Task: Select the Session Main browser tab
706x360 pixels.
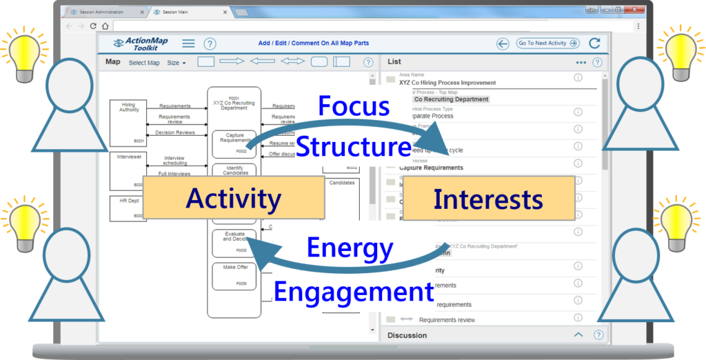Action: coord(179,12)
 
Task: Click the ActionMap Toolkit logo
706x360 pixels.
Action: coord(141,43)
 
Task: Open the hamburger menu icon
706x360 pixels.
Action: coord(188,43)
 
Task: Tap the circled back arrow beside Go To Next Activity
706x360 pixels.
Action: coord(503,43)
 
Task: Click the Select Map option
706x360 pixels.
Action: coord(144,63)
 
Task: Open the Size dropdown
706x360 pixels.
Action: coord(176,63)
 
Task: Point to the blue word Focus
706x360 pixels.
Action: coord(354,107)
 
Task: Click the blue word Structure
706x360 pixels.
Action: coord(353,147)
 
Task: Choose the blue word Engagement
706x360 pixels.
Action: coord(353,292)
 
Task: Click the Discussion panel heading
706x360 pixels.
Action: coord(407,335)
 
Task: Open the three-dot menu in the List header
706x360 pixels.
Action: coord(581,62)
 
